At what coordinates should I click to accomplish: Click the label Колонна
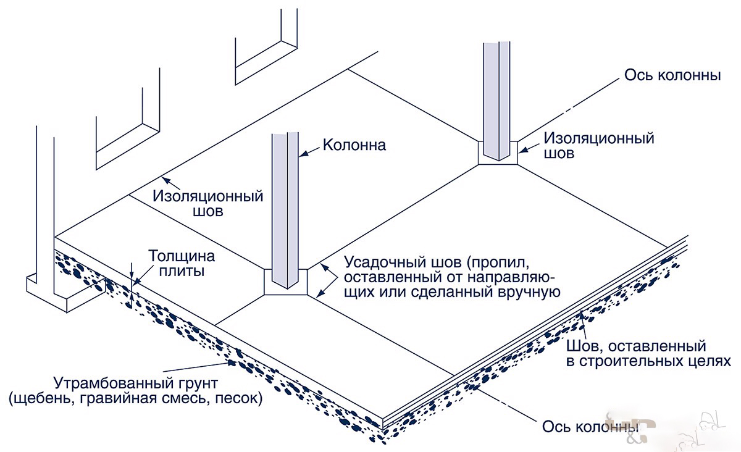354,146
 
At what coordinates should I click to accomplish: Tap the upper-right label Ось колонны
674,76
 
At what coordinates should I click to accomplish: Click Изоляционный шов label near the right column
599,145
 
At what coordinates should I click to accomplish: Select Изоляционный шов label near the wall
208,204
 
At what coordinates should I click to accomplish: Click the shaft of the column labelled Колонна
286,204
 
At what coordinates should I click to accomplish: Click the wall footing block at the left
59,295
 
